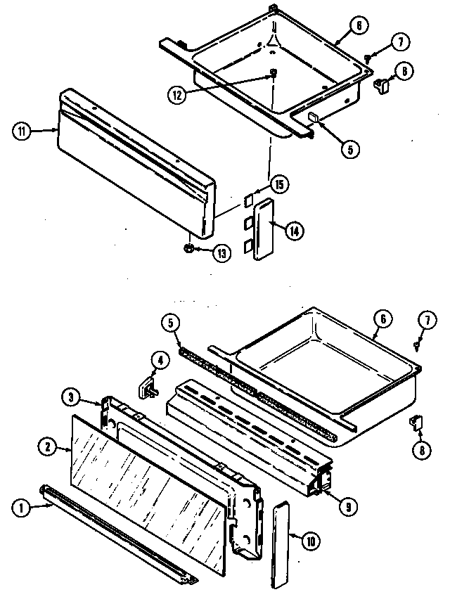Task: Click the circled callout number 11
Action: (x=22, y=130)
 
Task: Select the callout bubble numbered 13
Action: (x=222, y=253)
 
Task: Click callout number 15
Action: (x=279, y=185)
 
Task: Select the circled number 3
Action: (x=70, y=397)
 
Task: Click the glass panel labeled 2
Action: (x=148, y=478)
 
